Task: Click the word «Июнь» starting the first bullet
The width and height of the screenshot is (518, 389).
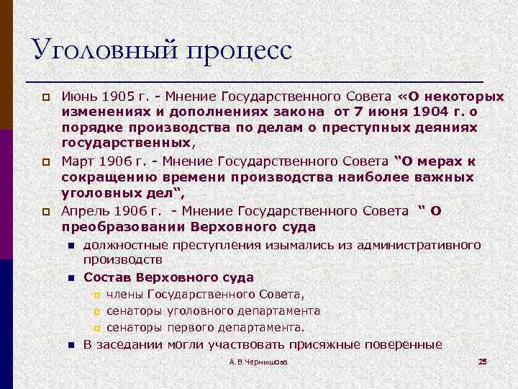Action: tap(76, 97)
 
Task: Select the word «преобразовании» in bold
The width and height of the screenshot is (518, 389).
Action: tap(123, 227)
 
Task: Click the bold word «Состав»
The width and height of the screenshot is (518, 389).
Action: tap(106, 277)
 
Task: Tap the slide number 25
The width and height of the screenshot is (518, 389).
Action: tap(483, 361)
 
